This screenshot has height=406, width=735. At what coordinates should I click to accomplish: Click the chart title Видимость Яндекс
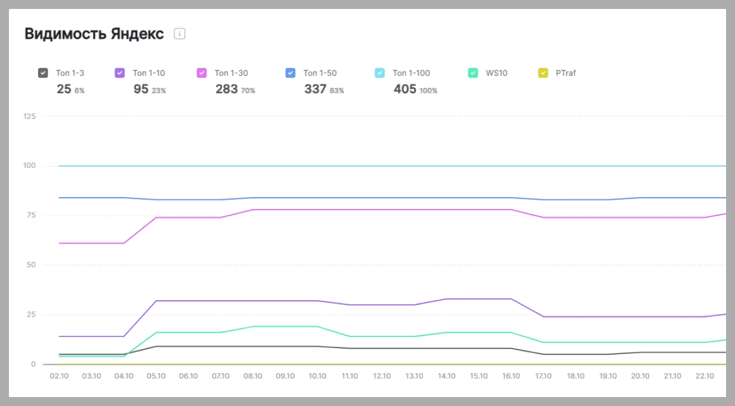[x=94, y=34]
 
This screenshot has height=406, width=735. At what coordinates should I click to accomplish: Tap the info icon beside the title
[x=180, y=34]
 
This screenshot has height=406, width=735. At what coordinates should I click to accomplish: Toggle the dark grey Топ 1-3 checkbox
[x=43, y=73]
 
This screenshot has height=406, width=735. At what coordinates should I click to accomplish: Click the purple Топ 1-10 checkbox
[x=120, y=73]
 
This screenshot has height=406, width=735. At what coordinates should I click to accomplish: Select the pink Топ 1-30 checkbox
[x=202, y=73]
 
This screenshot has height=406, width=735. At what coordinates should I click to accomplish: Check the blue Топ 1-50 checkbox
[x=291, y=73]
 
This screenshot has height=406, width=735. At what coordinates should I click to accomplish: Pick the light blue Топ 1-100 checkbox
[x=380, y=73]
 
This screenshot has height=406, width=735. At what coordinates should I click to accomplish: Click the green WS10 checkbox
[x=473, y=73]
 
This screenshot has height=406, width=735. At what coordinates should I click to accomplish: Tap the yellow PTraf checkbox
[x=543, y=73]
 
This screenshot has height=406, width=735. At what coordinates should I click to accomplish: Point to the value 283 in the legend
[x=227, y=89]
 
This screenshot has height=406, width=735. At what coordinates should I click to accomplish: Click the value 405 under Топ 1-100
[x=405, y=89]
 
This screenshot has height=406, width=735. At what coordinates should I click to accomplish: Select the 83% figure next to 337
[x=336, y=91]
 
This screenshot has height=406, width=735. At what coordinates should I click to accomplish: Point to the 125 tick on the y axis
[x=29, y=116]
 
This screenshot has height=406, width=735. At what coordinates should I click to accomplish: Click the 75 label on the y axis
[x=31, y=215]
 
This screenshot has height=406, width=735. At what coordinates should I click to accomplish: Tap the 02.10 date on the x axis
[x=59, y=376]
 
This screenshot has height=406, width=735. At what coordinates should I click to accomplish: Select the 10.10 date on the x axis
[x=317, y=376]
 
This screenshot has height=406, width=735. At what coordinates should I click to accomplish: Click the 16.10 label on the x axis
[x=511, y=376]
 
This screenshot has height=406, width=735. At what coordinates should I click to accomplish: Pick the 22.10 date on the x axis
[x=705, y=376]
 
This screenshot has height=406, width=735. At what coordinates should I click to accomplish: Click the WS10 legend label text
[x=496, y=73]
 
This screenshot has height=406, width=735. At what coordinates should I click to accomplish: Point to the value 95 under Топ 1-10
[x=141, y=89]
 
